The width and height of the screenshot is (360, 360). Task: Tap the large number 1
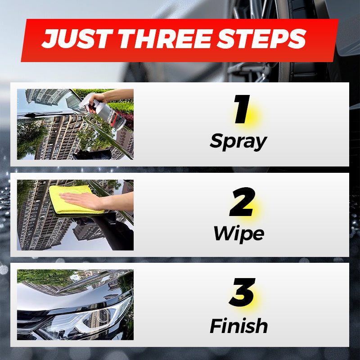tap(242, 111)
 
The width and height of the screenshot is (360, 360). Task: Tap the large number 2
tap(242, 203)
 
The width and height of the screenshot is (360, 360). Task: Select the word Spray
tap(238, 142)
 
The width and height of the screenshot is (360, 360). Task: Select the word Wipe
tap(238, 233)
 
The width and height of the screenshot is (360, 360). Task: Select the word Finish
tap(238, 325)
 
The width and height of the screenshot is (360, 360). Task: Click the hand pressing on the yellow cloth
tap(83, 200)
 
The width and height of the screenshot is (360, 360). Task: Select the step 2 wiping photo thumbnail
tap(75, 215)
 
